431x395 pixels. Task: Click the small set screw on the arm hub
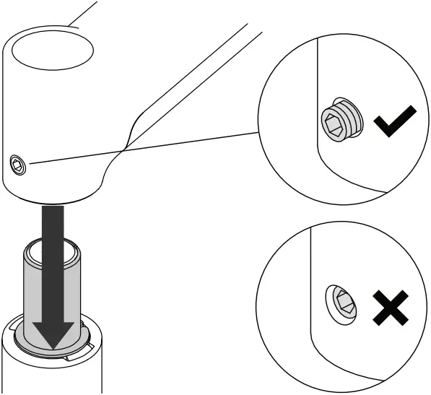click(x=17, y=168)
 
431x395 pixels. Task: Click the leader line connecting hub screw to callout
click(x=144, y=148)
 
